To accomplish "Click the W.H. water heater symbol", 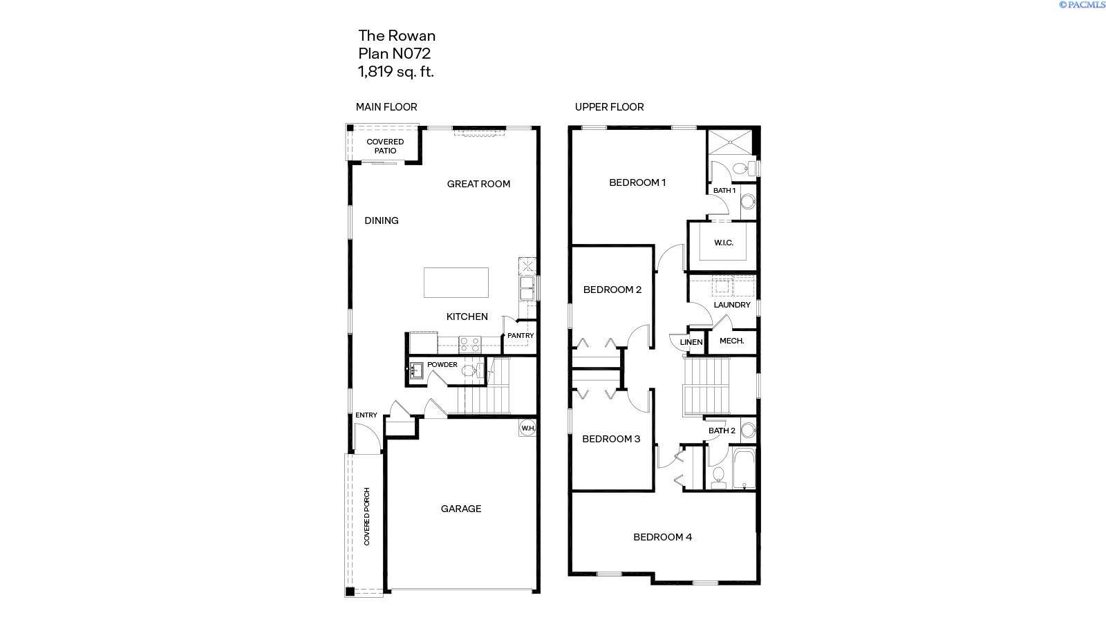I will [x=528, y=428].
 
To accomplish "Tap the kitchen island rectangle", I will [x=456, y=283].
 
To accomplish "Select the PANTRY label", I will [x=521, y=336].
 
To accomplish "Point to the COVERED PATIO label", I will [x=385, y=147].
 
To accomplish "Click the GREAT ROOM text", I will [x=478, y=184].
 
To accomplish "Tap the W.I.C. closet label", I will [x=724, y=243].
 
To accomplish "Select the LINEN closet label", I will [x=691, y=342].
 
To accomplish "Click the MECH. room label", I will [x=731, y=341].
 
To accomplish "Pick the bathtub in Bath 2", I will [x=744, y=468].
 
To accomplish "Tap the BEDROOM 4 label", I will [x=662, y=537].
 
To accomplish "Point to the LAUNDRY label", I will [x=732, y=305].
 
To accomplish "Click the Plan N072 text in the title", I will [x=394, y=53].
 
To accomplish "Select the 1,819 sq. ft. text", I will [x=395, y=71].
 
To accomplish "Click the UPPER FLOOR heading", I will [x=609, y=107].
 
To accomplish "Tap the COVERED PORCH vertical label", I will [x=367, y=516].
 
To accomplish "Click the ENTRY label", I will [x=366, y=415].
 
